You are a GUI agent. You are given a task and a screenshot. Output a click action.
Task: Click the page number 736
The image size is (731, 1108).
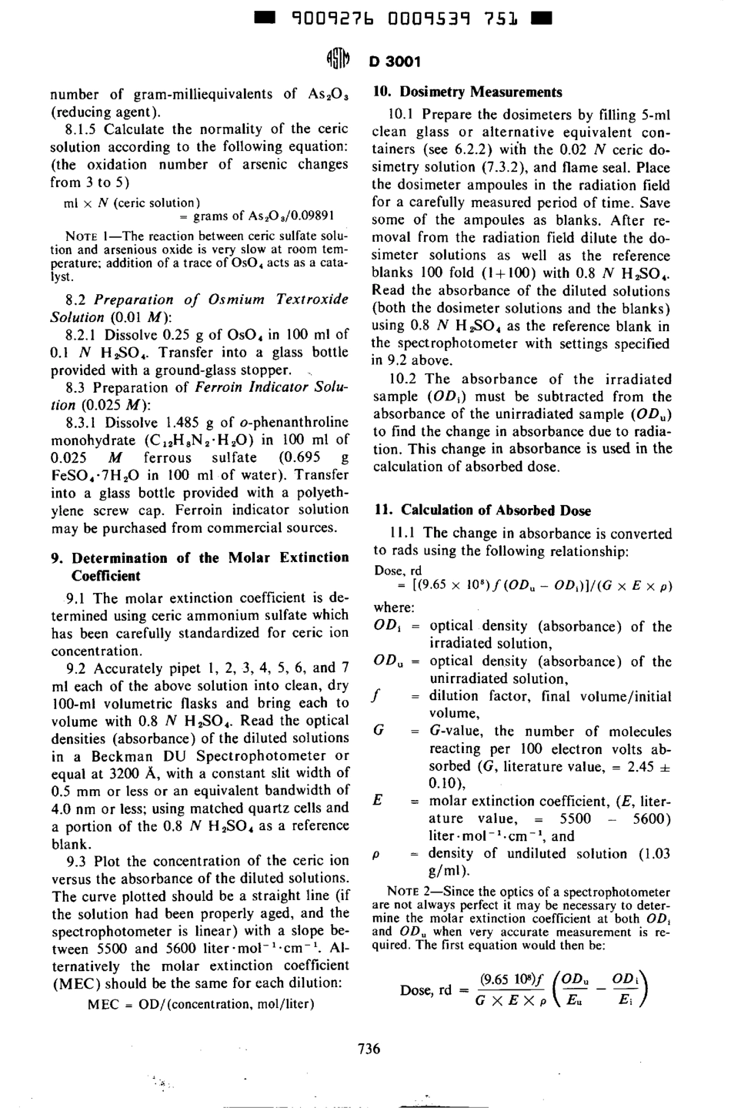pyautogui.click(x=369, y=1048)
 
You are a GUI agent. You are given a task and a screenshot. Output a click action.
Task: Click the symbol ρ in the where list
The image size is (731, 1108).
pyautogui.click(x=377, y=854)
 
